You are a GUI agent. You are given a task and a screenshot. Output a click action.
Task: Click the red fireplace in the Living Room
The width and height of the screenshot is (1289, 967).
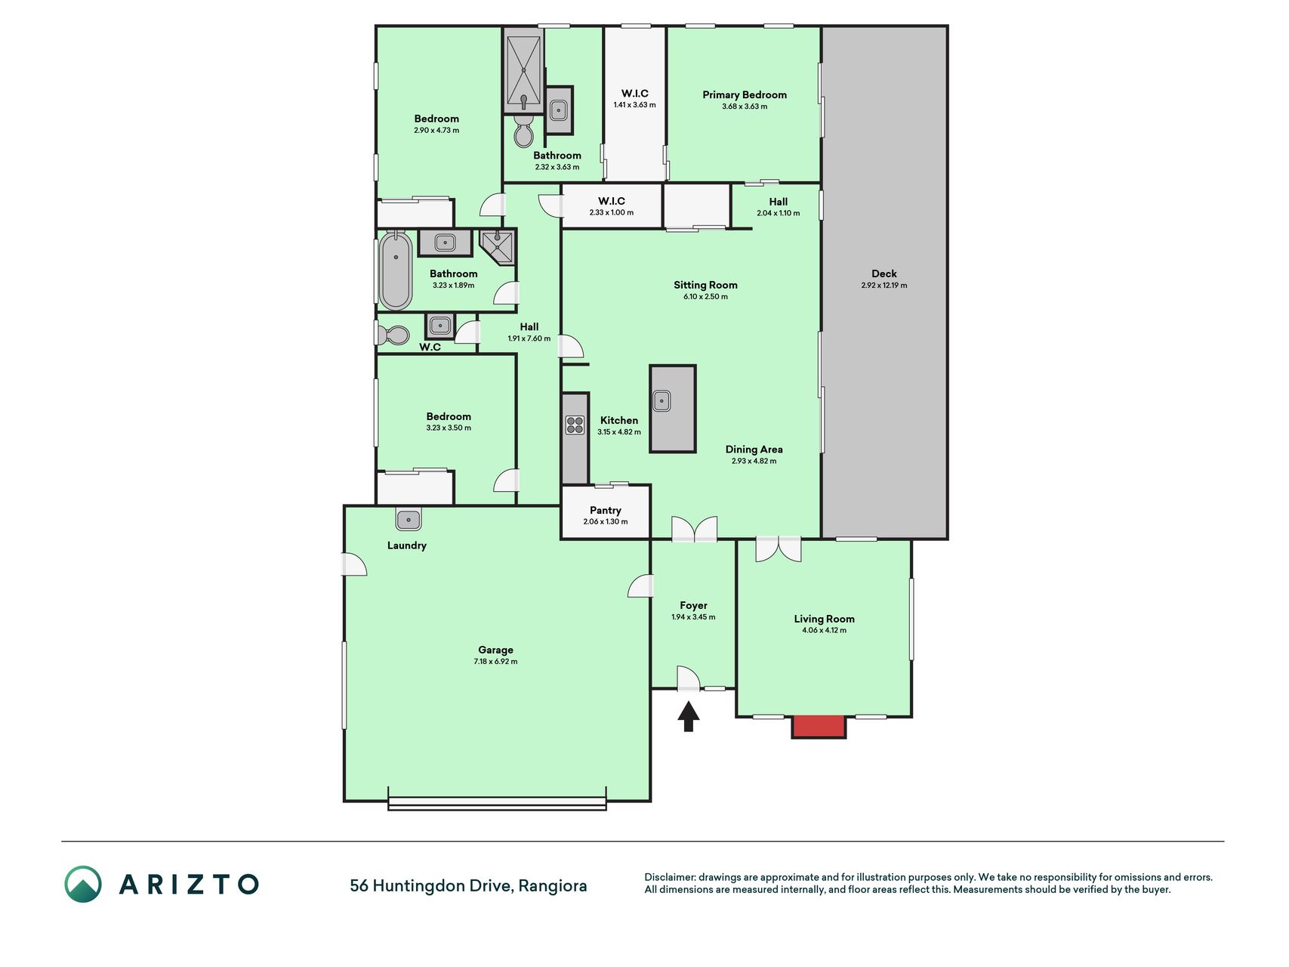[x=819, y=726]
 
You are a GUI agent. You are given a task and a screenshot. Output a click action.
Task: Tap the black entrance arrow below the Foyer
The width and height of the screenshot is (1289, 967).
[x=687, y=717]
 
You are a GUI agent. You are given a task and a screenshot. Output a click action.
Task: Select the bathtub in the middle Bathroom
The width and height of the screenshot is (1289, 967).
[x=395, y=270]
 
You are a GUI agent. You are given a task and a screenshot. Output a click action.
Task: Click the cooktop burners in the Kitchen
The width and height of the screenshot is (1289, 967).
[x=575, y=425]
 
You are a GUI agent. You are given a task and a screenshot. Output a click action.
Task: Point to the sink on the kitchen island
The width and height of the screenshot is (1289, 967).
[x=661, y=400]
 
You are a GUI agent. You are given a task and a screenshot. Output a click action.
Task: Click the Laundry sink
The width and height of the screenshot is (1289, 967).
[x=409, y=519]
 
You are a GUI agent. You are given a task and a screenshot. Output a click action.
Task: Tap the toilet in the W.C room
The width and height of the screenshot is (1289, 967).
[x=393, y=334]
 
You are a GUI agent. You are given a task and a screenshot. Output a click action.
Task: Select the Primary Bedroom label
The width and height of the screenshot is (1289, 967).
[x=745, y=94]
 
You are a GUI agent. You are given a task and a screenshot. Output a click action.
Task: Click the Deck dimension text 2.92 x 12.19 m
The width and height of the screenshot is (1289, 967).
[x=884, y=286]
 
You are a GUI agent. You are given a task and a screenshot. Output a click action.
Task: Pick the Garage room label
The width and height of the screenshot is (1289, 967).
[x=495, y=650]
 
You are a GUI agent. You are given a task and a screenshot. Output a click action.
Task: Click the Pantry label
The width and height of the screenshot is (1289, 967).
[x=606, y=511]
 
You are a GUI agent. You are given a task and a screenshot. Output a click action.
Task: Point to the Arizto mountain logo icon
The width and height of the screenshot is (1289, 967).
[x=83, y=884]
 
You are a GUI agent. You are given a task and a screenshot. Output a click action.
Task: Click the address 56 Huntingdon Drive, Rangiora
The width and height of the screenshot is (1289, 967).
[x=468, y=885]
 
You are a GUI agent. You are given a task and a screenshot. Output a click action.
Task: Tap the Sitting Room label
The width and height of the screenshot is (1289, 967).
[x=705, y=285]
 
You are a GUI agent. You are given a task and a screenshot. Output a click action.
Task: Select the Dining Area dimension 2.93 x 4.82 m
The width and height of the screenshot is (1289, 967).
[x=754, y=461]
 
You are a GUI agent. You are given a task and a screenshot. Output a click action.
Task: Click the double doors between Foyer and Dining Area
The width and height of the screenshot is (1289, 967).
[x=694, y=529]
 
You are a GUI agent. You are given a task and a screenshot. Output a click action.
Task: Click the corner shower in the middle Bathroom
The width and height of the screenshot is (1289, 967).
[x=498, y=247]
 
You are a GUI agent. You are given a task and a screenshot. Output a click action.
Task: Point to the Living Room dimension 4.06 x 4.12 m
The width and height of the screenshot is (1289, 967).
[x=824, y=630]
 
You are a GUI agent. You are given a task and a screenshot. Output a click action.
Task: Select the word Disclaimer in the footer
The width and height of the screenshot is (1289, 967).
[x=669, y=877]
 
